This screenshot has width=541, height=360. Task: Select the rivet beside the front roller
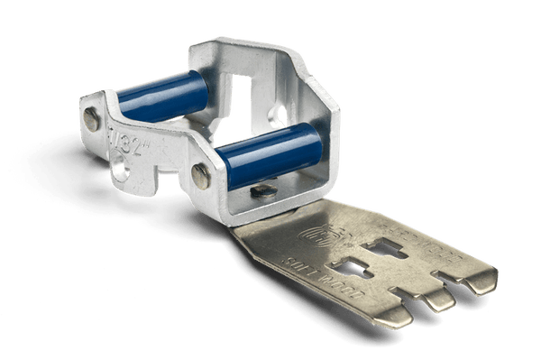click(x=203, y=177)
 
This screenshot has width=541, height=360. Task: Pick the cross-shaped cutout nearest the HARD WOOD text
click(x=398, y=246)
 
